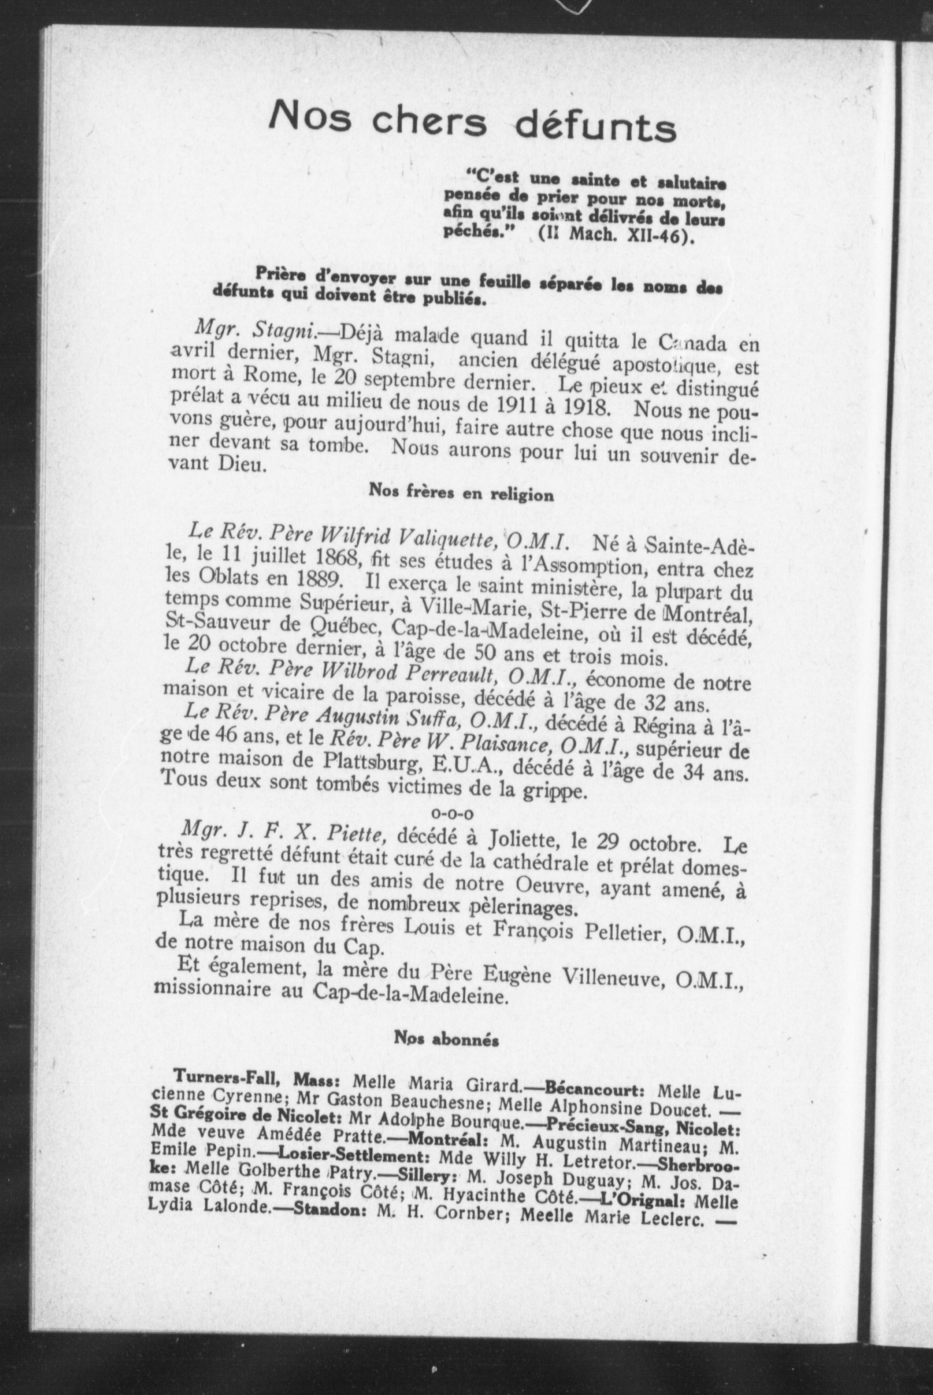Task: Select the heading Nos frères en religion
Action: click(461, 493)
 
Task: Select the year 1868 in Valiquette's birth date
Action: click(336, 558)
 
